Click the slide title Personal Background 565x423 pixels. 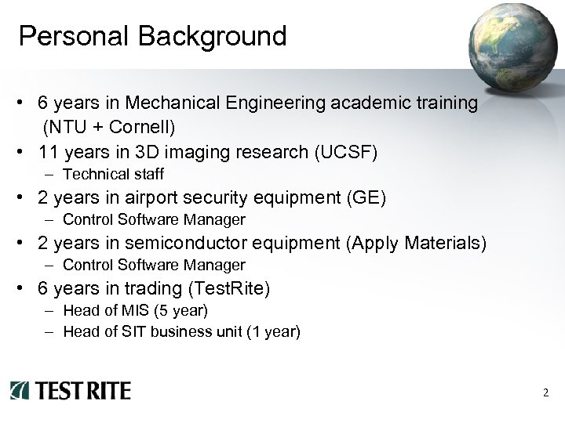pyautogui.click(x=152, y=36)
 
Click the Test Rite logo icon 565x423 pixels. pyautogui.click(x=20, y=390)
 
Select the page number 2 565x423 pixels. pyautogui.click(x=545, y=392)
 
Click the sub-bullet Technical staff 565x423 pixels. pyautogui.click(x=113, y=174)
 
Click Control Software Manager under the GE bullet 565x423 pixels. pyautogui.click(x=154, y=219)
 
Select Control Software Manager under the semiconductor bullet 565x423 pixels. pyautogui.click(x=154, y=265)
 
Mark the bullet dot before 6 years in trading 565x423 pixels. pyautogui.click(x=26, y=289)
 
